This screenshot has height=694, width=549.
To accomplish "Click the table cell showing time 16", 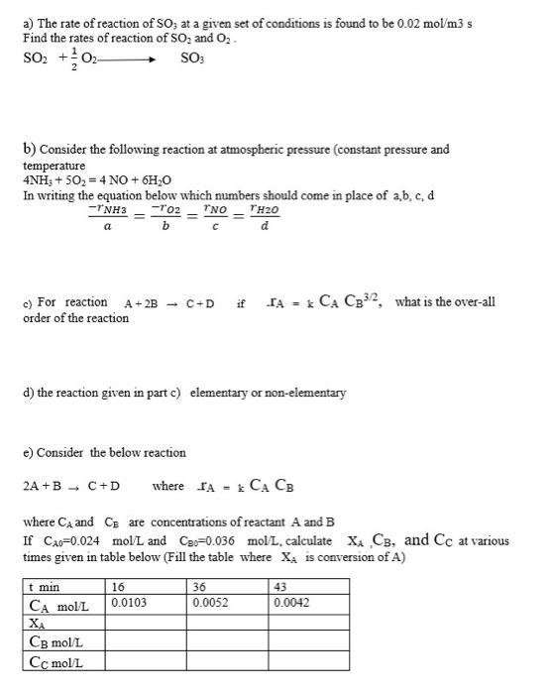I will pyautogui.click(x=119, y=587).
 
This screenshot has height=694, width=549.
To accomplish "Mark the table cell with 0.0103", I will pyautogui.click(x=130, y=602).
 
